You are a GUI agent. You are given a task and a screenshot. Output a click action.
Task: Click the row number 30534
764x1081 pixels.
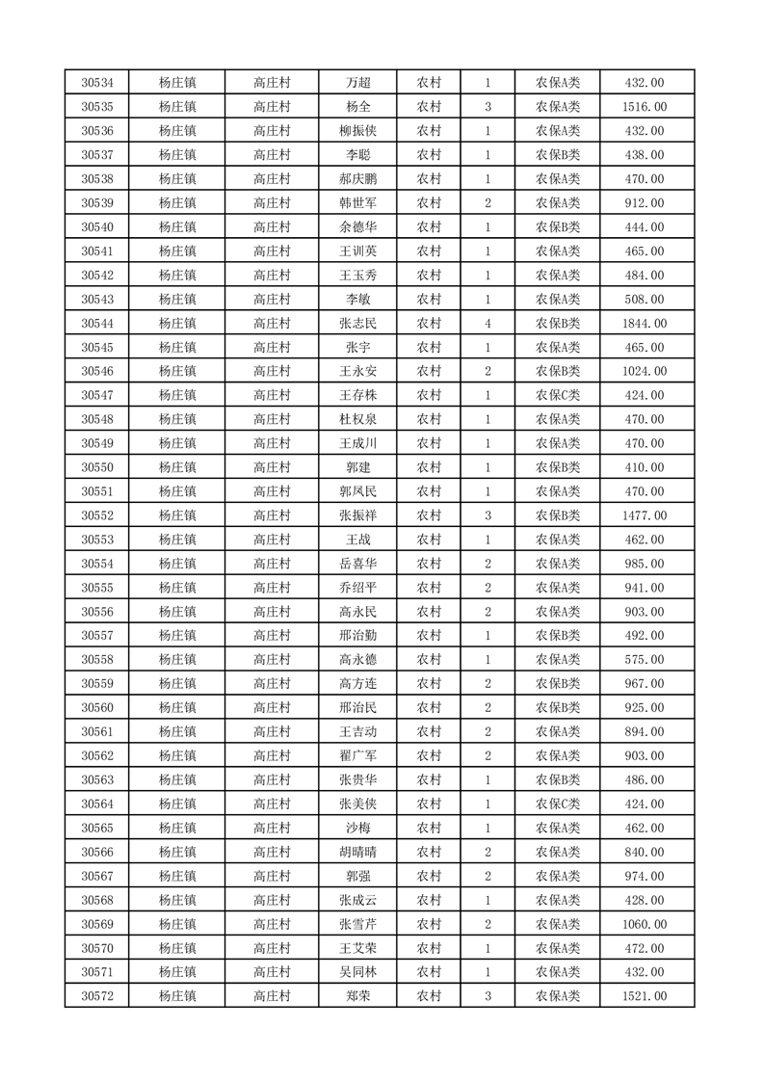tap(97, 83)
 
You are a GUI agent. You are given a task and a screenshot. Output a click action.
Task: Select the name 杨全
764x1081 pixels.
tap(357, 107)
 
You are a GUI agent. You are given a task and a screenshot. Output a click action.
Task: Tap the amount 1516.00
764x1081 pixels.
tap(645, 107)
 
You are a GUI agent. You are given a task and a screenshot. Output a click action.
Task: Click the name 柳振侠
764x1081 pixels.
tap(357, 131)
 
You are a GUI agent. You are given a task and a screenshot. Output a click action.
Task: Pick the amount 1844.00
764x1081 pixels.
tap(645, 323)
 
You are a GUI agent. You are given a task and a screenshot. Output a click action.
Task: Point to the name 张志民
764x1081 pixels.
tap(357, 323)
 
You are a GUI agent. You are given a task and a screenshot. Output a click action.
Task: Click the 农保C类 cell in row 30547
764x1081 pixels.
tap(558, 395)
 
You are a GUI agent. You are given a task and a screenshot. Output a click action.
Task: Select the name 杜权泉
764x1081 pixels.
tap(357, 419)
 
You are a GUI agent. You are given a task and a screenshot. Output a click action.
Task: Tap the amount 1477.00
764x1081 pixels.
tap(645, 515)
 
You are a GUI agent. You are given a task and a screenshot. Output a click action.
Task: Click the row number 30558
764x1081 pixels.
tap(97, 659)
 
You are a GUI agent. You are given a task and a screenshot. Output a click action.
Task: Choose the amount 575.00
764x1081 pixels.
tap(645, 659)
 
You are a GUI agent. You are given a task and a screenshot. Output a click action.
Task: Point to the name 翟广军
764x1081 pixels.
tap(357, 755)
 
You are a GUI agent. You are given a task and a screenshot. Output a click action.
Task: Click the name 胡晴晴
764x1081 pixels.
tap(357, 852)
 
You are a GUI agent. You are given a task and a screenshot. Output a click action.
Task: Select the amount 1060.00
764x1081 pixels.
tap(645, 924)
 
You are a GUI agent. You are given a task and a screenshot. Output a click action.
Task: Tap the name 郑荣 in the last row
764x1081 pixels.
tap(357, 996)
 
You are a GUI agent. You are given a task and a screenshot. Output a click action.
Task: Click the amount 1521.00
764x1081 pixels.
tap(645, 996)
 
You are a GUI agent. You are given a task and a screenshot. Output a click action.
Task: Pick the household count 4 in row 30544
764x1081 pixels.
tap(487, 323)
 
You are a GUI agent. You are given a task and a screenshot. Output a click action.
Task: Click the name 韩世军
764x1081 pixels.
tap(357, 203)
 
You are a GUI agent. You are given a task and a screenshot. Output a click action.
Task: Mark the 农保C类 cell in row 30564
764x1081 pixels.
tap(558, 804)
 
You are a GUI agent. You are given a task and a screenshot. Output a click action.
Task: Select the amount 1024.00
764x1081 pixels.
tap(645, 371)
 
